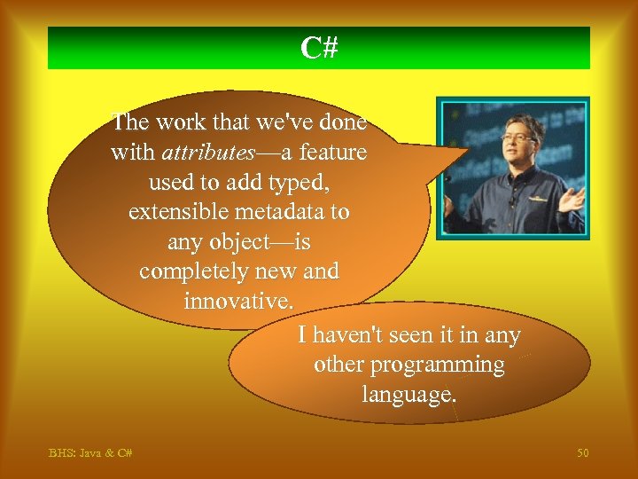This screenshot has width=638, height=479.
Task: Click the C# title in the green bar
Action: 319,48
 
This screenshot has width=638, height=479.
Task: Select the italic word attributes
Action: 208,153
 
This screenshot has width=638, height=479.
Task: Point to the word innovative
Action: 238,301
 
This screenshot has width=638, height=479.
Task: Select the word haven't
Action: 354,335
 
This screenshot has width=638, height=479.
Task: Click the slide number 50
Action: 582,453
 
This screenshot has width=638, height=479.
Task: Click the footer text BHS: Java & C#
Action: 90,453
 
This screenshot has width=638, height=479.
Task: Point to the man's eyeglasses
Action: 518,138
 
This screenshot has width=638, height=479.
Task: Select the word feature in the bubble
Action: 332,153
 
